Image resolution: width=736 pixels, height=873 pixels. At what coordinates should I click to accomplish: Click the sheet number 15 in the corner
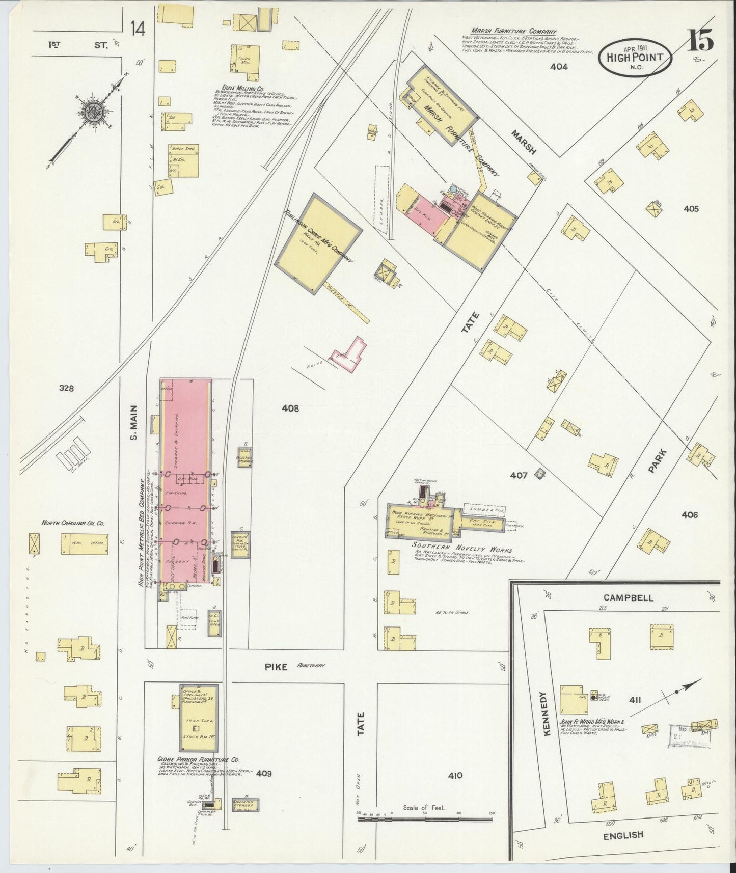[x=701, y=40]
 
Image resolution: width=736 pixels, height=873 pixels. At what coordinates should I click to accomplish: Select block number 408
[x=289, y=408]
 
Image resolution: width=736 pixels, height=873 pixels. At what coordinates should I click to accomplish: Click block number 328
[x=66, y=388]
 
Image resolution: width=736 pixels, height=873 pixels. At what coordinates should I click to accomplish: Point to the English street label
[x=623, y=835]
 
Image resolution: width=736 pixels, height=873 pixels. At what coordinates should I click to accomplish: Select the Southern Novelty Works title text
[x=461, y=550]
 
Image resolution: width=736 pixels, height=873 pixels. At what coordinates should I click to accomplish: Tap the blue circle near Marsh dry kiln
[x=453, y=189]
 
